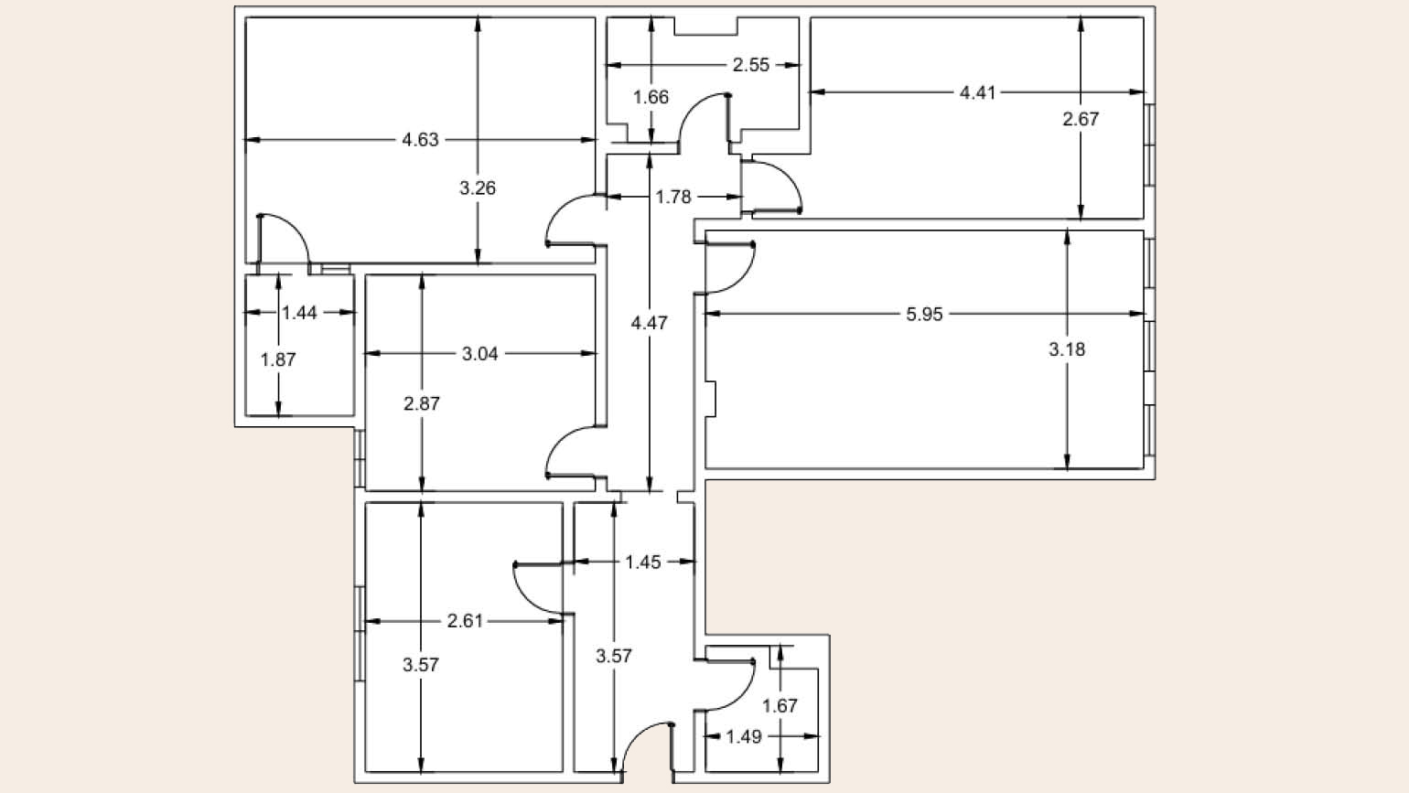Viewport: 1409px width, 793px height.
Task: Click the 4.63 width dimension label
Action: pos(420,140)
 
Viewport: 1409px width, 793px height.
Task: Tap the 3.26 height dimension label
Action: pos(478,188)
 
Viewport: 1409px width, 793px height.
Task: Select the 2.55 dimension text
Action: pos(751,65)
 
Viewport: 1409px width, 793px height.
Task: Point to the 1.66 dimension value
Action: pos(651,98)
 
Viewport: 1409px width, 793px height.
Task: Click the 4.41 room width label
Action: pos(977,93)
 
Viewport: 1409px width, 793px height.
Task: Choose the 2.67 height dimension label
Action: pos(1081,119)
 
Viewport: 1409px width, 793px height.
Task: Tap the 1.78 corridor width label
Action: pos(673,198)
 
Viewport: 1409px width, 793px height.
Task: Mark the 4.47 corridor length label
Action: pos(650,323)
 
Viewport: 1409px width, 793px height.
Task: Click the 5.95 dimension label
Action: pos(925,315)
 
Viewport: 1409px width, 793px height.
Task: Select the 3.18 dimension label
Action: pos(1067,349)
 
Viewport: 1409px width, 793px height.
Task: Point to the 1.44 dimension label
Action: pos(299,313)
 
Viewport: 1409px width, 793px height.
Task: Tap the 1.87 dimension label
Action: pos(278,359)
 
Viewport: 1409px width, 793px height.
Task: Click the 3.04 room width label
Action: pos(480,354)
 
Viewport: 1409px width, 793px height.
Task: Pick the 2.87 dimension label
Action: pos(422,403)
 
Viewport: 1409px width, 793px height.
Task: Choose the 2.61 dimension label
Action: pos(465,621)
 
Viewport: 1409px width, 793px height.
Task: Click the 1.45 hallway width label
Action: pos(643,563)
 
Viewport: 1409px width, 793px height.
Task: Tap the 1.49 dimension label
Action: pos(744,736)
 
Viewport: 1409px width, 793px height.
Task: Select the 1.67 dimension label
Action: pos(780,706)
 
